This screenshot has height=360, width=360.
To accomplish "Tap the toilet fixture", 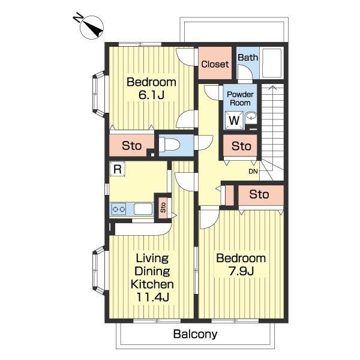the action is click(169, 145).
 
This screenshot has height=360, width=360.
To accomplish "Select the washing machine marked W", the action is click(234, 121).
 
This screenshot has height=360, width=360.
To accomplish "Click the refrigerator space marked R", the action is click(118, 169).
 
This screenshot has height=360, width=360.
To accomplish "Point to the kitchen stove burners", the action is click(118, 209).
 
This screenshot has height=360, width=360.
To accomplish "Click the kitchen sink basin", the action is click(143, 209).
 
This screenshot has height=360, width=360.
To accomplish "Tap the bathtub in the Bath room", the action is click(272, 63).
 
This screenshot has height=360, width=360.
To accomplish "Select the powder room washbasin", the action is click(251, 116).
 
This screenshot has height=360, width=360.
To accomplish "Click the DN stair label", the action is click(253, 171).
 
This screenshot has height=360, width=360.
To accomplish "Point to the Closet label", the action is click(215, 64).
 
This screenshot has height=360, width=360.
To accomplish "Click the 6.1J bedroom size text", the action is click(152, 95).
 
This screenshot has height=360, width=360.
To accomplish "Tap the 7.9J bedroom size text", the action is click(241, 271).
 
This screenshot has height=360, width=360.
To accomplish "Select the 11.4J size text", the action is click(152, 297).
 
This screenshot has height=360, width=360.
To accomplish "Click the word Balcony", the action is click(195, 334).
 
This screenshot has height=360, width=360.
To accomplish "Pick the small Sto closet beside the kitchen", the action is click(163, 208).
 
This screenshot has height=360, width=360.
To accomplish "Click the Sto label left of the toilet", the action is click(131, 146).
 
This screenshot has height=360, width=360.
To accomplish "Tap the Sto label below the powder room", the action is click(241, 146).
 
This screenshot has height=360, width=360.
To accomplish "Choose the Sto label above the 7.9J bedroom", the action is click(259, 194).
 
